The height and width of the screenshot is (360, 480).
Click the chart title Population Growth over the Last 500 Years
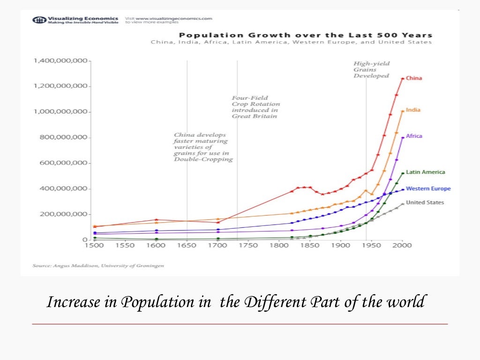(306, 35)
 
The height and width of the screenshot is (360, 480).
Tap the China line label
(413, 78)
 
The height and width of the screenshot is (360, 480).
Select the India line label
(413, 110)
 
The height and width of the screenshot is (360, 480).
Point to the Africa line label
(414, 136)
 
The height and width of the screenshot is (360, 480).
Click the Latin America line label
(425, 172)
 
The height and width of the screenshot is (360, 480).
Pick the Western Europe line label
(428, 188)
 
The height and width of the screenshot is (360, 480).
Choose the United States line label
(425, 202)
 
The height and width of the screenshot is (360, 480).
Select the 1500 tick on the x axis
(94, 245)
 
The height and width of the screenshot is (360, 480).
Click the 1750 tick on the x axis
(248, 245)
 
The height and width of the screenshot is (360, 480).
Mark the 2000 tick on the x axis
(402, 245)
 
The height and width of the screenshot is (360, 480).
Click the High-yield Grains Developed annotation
(371, 69)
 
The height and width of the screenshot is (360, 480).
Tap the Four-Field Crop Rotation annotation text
(255, 107)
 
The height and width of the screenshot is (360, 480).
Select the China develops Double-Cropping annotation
(202, 147)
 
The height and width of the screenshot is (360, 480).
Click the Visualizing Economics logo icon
(39, 20)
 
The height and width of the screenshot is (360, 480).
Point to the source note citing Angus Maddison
(98, 265)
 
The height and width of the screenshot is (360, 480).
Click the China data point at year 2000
(402, 79)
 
